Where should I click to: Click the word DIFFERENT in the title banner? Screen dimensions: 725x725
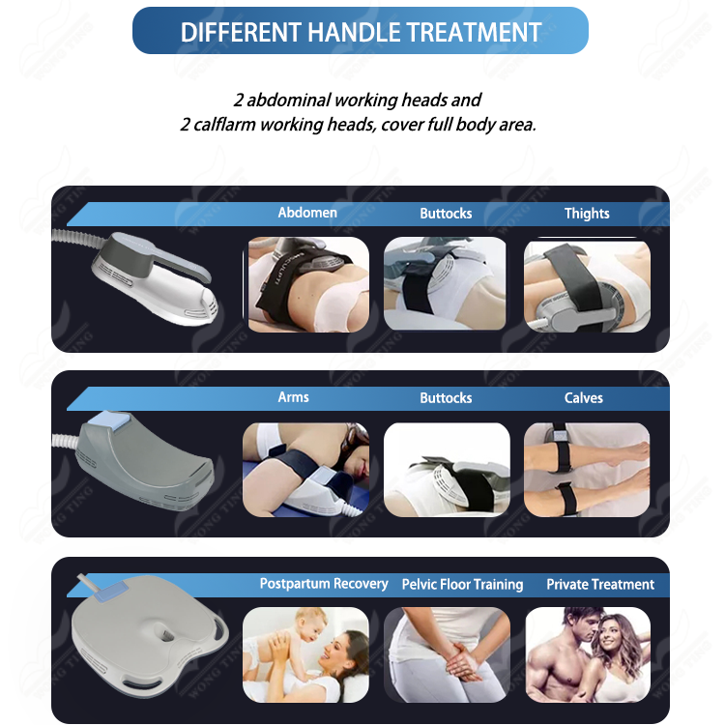click(x=241, y=32)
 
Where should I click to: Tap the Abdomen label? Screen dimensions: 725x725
click(x=307, y=213)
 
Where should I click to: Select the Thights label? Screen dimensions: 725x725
click(x=587, y=214)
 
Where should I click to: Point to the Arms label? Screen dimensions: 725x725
click(x=293, y=397)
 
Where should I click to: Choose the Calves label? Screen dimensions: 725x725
click(x=584, y=397)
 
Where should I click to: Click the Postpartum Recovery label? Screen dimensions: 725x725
click(x=324, y=584)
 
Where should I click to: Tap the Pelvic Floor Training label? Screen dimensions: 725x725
click(x=462, y=585)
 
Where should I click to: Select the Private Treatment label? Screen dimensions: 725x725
click(x=600, y=585)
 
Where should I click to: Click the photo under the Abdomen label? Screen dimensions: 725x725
click(x=308, y=284)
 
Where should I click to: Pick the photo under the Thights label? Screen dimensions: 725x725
click(x=587, y=286)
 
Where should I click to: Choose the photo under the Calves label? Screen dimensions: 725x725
click(x=587, y=470)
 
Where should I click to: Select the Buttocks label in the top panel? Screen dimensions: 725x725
click(x=446, y=214)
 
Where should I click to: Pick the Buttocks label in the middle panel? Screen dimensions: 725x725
click(x=446, y=397)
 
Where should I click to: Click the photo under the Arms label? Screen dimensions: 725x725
click(x=305, y=470)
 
